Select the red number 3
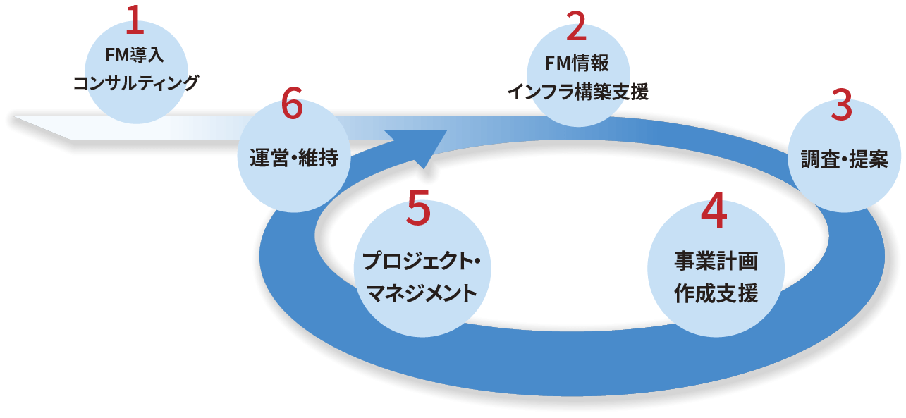point(842,106)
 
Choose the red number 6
point(292,106)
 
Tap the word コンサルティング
point(135,82)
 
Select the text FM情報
point(577,64)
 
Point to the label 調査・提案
point(843,159)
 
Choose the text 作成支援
point(716,293)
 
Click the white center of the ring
point(564,233)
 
